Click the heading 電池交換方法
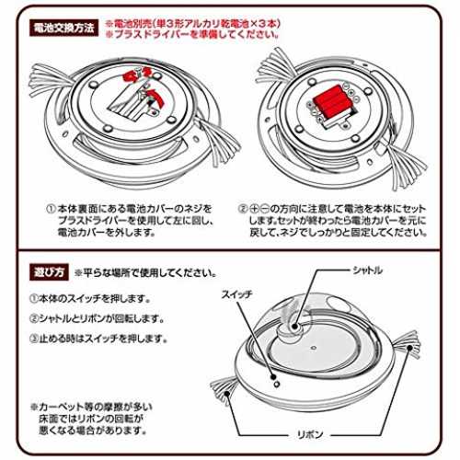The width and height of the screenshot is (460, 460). click(63, 29)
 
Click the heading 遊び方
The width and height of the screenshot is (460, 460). click(49, 272)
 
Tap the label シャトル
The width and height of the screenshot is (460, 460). click(367, 270)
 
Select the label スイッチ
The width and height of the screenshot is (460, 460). click(237, 294)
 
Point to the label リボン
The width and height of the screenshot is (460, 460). click(310, 434)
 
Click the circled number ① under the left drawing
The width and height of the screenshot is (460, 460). click(51, 209)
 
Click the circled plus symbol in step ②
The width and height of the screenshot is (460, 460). click(254, 209)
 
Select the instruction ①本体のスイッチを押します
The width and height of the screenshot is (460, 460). click(90, 298)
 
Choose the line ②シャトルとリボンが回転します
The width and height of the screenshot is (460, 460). click(98, 318)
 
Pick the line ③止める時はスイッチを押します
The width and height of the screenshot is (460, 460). click(98, 339)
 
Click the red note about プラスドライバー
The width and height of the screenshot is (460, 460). click(192, 34)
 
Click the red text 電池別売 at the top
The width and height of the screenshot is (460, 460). click(132, 24)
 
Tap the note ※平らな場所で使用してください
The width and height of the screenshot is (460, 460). click(145, 272)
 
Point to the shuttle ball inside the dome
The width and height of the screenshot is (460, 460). click(294, 327)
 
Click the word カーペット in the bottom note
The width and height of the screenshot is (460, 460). click(61, 408)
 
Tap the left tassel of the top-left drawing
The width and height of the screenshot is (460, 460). click(49, 81)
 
